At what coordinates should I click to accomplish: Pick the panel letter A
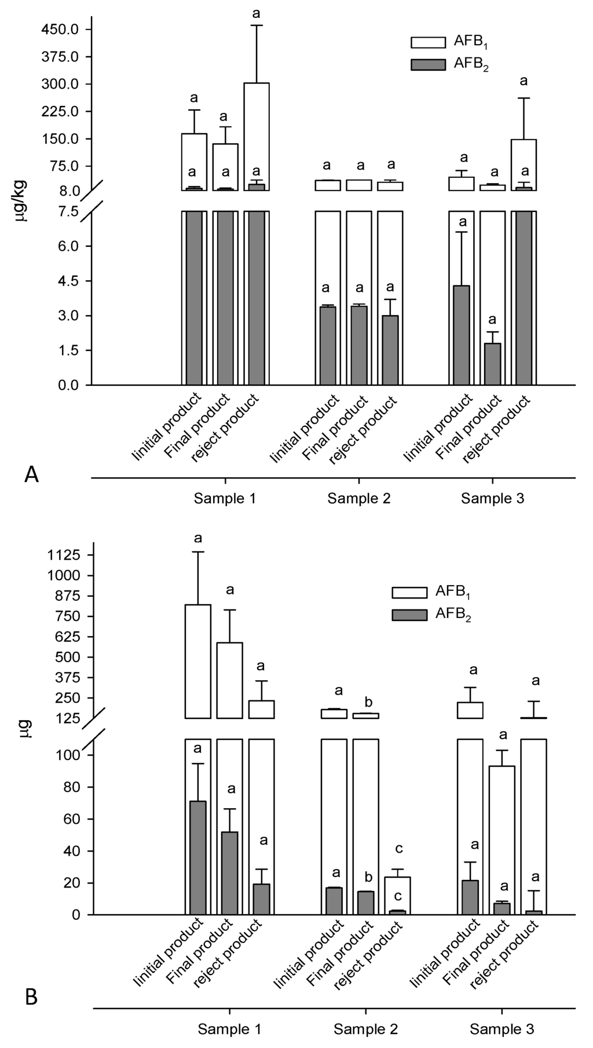[x=32, y=475]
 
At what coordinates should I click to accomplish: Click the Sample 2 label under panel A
[x=359, y=498]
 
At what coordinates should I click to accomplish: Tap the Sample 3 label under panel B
[x=502, y=1029]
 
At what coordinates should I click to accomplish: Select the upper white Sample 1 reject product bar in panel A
[x=257, y=136]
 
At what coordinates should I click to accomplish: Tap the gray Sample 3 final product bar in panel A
[x=492, y=364]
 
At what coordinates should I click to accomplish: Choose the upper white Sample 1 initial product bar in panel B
[x=197, y=661]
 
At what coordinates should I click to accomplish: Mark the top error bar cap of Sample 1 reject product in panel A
[x=257, y=25]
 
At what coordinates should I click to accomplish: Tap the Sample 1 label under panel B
[x=230, y=1029]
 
